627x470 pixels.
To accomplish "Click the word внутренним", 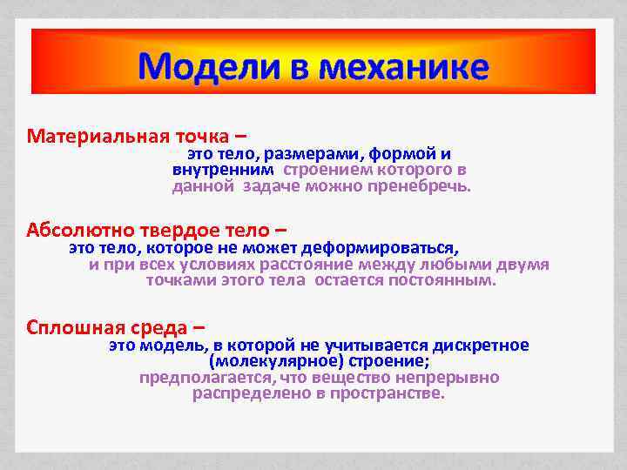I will [223, 170].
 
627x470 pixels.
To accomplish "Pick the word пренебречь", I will [424, 186].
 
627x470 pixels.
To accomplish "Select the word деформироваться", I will [388, 247].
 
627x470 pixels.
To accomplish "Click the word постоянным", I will [446, 281].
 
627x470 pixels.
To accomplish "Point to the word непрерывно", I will [450, 378].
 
